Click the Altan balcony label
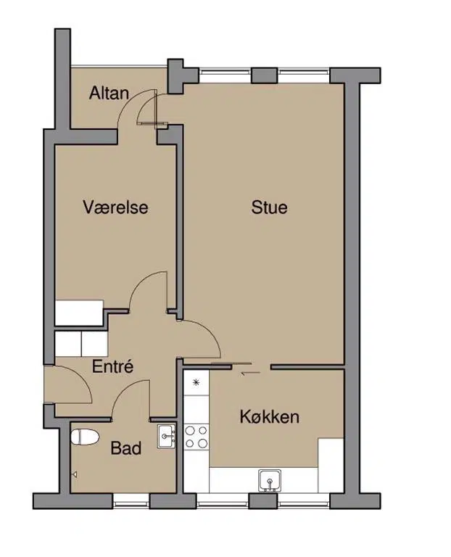coord(109,93)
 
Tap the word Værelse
coord(115,207)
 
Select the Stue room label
coord(269,207)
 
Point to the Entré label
coord(112,366)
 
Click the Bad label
coord(126,448)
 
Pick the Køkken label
coord(270,417)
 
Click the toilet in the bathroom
coord(85,437)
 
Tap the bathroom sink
coord(166,436)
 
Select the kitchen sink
coord(270,481)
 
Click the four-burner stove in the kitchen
coord(196,437)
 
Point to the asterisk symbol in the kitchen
coord(196,383)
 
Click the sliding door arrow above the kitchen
coord(250,373)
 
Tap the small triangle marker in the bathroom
coord(75,474)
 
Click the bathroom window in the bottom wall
coord(131,501)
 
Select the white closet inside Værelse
coord(79,313)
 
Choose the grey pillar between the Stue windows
coord(264,75)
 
